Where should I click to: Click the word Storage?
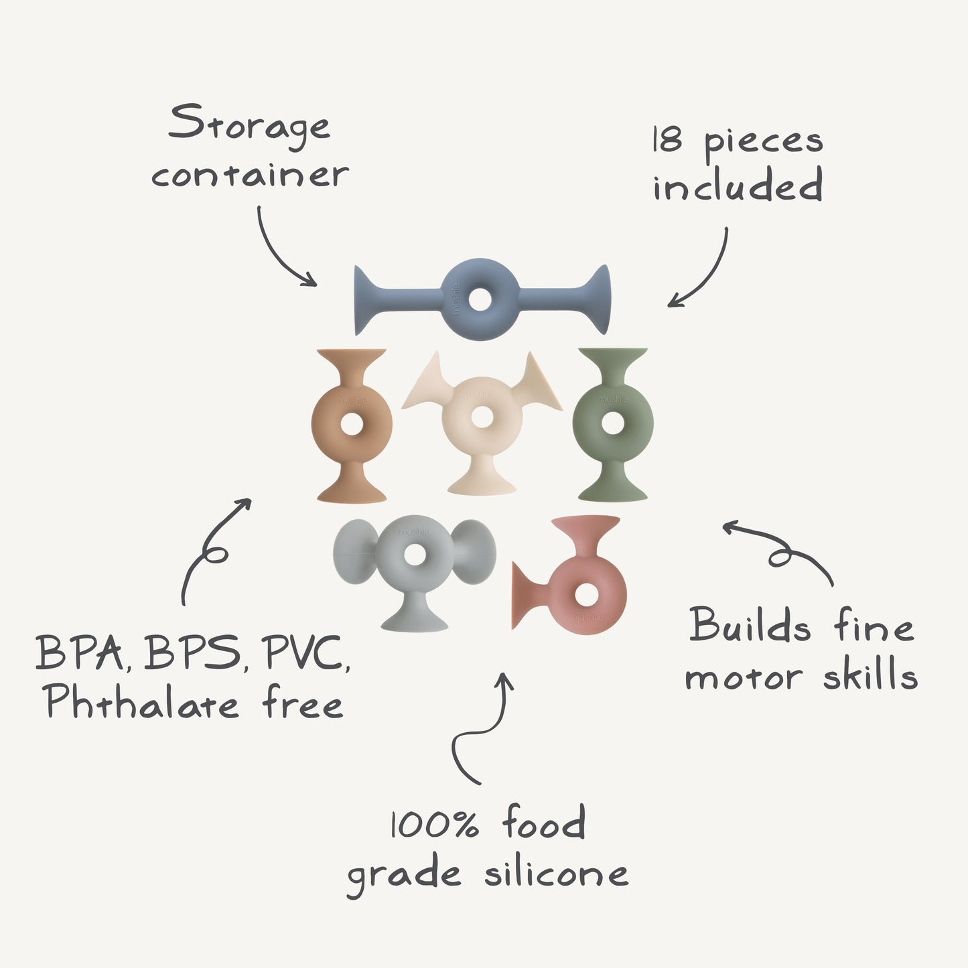(249, 125)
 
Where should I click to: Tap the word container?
(250, 175)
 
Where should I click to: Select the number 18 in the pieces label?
(668, 140)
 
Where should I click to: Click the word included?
(738, 186)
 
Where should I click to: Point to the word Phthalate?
(142, 703)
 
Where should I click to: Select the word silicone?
(557, 873)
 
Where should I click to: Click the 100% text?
(435, 825)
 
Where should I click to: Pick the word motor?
(743, 677)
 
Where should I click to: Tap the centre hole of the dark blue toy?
(480, 299)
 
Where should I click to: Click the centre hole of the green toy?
(612, 423)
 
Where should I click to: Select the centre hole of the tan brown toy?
(352, 423)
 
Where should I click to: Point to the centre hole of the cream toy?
(482, 417)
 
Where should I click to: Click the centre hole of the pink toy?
(587, 594)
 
